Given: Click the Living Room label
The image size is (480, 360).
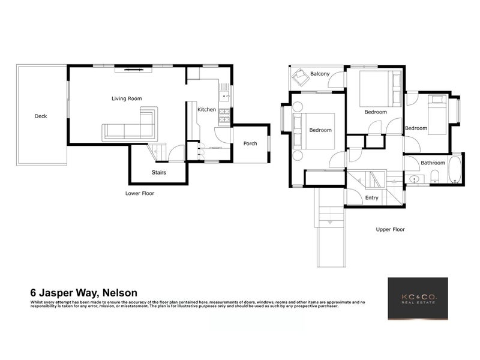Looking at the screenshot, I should coord(127,98).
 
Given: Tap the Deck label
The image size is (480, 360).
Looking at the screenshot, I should coord(41,116).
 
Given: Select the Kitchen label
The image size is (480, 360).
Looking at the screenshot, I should coord(206,110).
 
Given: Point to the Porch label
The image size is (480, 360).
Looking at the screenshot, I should coord(250,143).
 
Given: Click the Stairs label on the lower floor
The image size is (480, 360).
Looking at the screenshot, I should coord(158,173).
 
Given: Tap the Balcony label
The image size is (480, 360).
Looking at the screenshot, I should coord(320,74).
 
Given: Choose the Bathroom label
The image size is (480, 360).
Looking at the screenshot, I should coord(433,163).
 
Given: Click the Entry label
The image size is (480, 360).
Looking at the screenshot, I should coord(372,197).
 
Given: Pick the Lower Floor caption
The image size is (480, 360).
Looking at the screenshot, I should coord(140,194).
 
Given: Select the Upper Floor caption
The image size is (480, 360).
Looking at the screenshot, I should coord(391,229).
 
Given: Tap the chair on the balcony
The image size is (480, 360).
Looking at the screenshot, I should coord(299,78).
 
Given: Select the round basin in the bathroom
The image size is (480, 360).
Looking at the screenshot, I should coord(415,178).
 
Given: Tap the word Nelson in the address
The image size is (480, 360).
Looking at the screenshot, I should coord(120,293).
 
